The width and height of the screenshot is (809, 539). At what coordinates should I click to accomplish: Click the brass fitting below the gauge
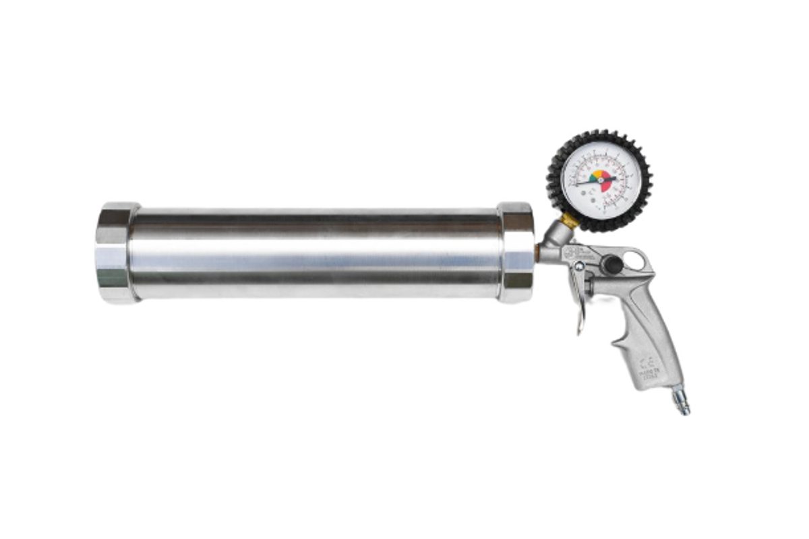tap(570, 220)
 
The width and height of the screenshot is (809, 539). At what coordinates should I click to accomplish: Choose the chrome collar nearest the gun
tap(516, 253)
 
